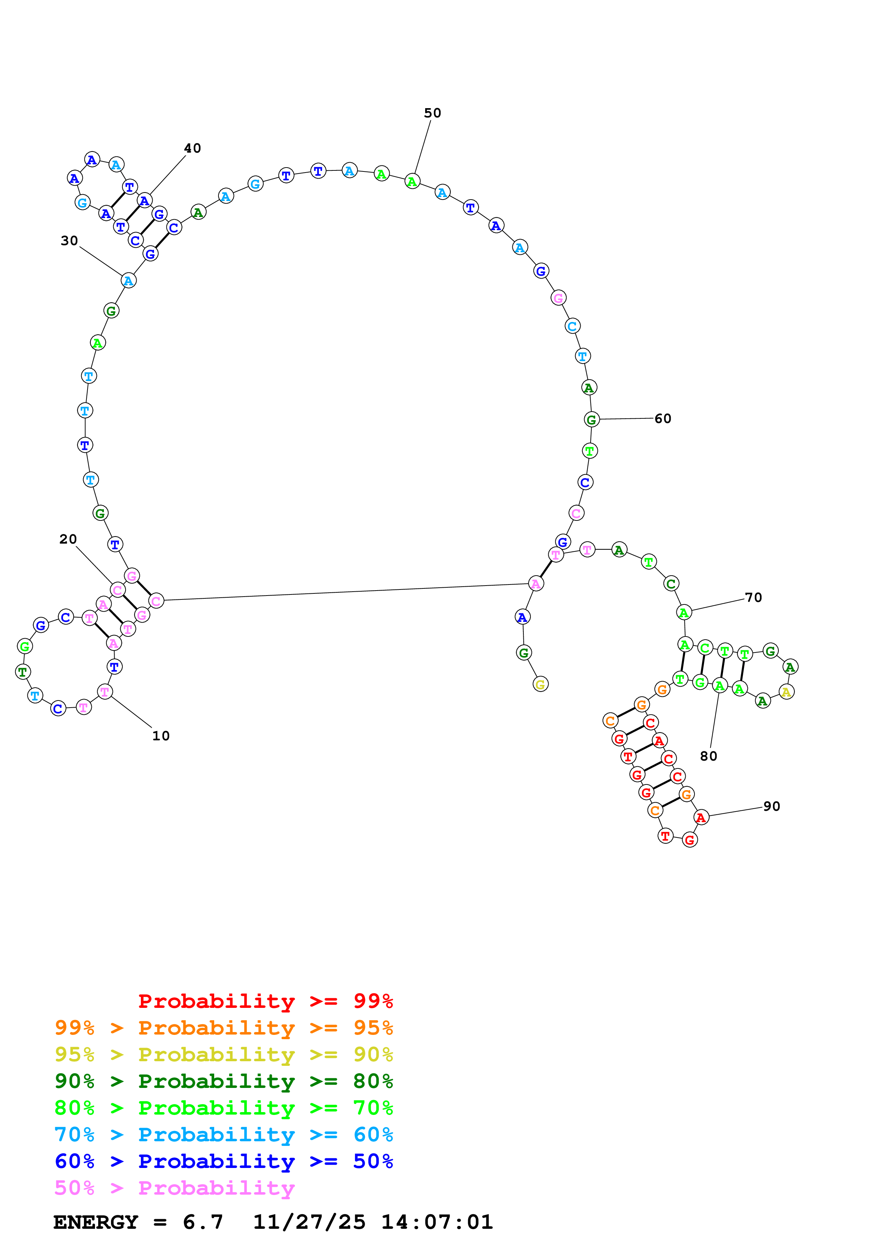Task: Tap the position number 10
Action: click(161, 736)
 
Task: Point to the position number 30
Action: click(69, 241)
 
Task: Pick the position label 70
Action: click(753, 597)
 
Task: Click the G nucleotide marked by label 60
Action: click(591, 420)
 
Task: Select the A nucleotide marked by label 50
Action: click(412, 181)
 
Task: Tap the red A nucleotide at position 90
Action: click(701, 817)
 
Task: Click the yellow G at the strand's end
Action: click(540, 684)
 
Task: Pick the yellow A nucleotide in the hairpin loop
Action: click(786, 692)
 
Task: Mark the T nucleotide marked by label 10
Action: click(105, 692)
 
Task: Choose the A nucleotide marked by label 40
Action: click(144, 201)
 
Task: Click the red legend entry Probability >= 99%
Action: click(265, 1001)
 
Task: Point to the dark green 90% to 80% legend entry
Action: click(223, 1081)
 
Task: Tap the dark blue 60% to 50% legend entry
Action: click(223, 1161)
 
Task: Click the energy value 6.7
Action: click(203, 1222)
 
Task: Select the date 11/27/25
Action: click(309, 1222)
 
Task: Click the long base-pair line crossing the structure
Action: click(345, 592)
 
